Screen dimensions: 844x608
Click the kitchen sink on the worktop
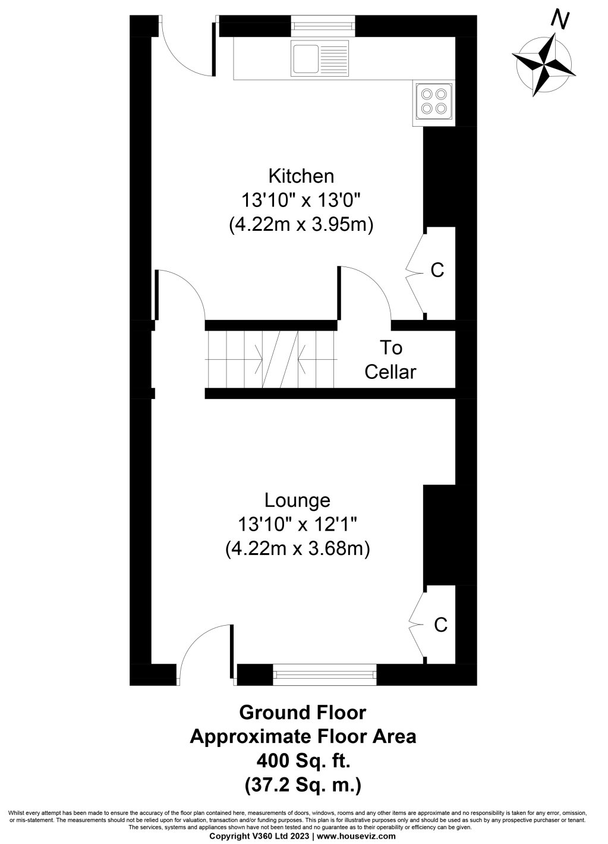(x=320, y=58)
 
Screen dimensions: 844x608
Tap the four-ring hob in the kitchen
(x=433, y=101)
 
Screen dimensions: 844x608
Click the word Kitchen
(x=301, y=176)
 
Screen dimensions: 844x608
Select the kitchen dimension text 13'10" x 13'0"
(x=301, y=200)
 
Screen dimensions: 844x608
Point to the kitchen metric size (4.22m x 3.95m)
(x=301, y=225)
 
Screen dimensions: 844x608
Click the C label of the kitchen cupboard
(x=437, y=270)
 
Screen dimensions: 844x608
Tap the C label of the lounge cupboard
(x=440, y=625)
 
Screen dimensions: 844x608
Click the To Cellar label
(x=390, y=359)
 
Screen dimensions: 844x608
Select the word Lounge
(x=297, y=500)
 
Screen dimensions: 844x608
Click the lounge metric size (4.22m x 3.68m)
(x=297, y=548)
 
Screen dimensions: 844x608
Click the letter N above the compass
(x=559, y=20)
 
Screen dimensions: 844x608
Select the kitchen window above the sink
(x=323, y=26)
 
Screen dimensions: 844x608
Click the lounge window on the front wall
(x=325, y=673)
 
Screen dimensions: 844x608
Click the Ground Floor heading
(x=303, y=712)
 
